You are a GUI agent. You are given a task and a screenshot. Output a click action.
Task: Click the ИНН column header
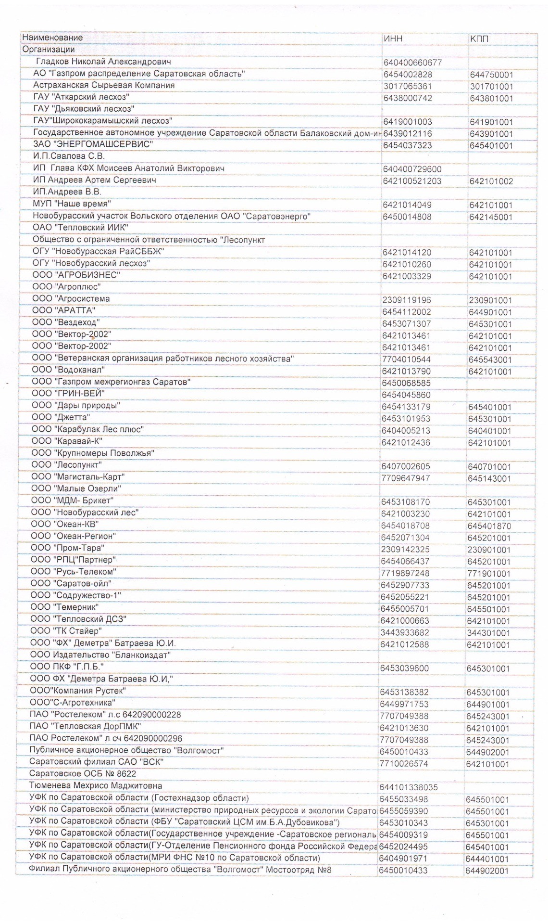coord(393,38)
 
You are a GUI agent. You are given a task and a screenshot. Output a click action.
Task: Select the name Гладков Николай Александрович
coord(103,62)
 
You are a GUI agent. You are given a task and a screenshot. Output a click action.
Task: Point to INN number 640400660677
coord(412,63)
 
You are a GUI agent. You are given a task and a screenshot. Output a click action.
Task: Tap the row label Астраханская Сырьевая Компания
coord(104,85)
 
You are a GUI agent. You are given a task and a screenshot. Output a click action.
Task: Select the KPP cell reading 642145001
coord(491,217)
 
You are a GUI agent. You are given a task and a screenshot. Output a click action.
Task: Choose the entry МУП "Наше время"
coord(72,204)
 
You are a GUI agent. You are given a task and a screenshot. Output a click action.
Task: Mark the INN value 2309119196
coord(407,300)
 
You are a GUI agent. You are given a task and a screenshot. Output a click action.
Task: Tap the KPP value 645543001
coord(490,359)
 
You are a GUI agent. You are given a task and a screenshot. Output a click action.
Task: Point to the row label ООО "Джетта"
coord(61,417)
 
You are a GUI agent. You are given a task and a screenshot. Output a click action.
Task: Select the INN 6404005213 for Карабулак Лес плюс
coord(406,431)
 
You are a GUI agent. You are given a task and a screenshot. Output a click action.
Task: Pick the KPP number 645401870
coord(489,526)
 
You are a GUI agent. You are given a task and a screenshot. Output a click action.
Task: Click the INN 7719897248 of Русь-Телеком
coord(405,573)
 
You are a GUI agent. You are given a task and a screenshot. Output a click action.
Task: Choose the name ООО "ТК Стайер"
coord(66,631)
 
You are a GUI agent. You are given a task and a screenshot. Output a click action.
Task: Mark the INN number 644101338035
coord(409,787)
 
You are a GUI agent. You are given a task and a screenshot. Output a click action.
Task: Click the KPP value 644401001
coord(487,859)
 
